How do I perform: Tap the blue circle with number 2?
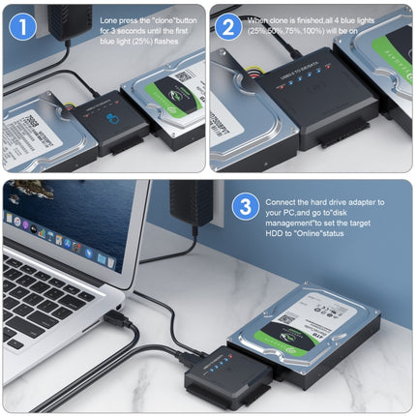229,25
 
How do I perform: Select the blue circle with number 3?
247,206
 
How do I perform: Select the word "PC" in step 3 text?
281,212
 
